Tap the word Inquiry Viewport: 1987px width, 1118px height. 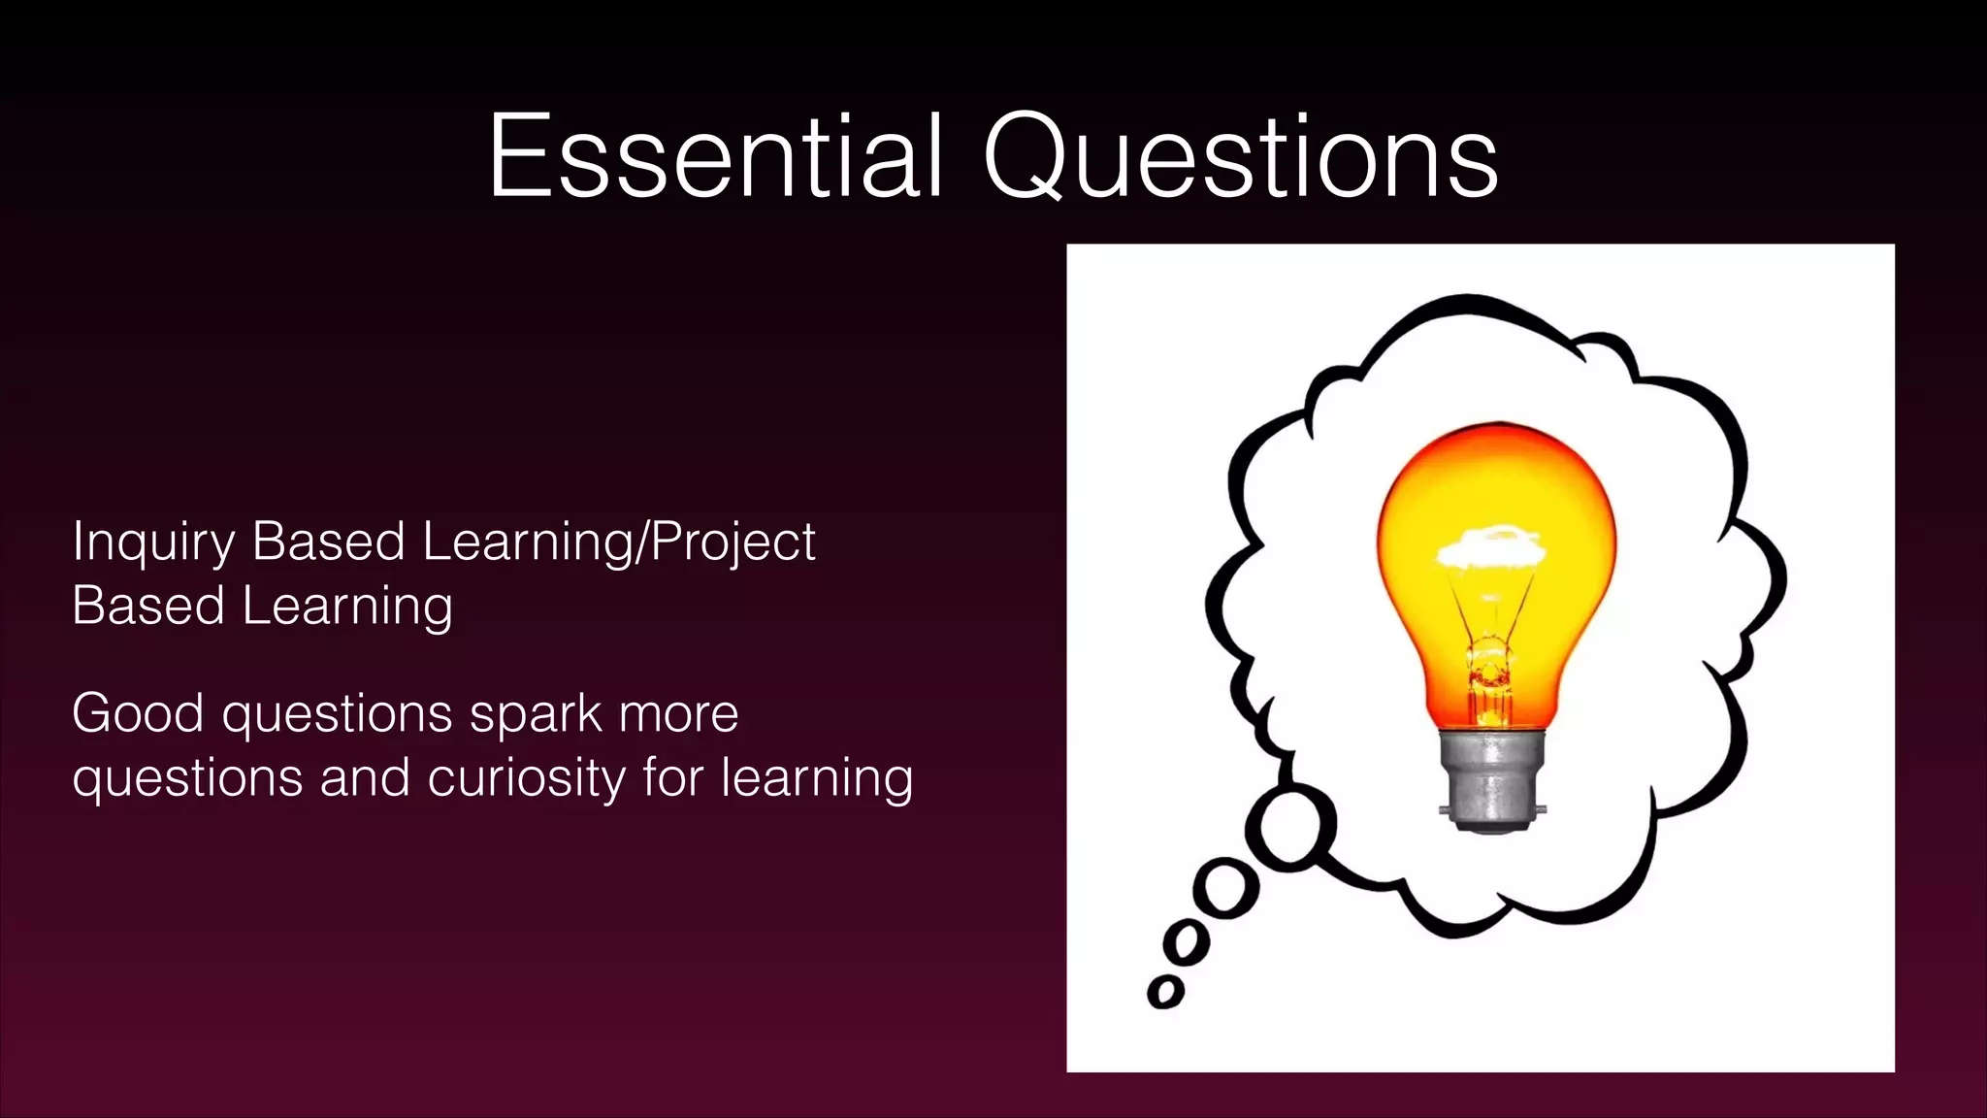click(152, 543)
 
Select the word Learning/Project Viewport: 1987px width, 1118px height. click(619, 543)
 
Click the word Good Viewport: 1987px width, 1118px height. click(138, 714)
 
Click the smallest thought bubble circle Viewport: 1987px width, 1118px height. click(1165, 992)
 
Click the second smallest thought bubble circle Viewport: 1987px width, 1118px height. click(1186, 941)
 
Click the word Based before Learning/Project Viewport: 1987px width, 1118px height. click(328, 543)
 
